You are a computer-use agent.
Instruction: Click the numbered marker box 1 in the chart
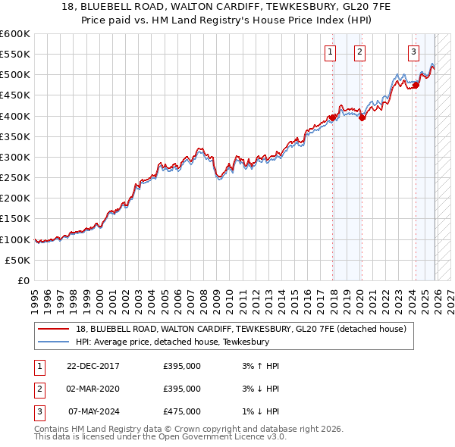(x=331, y=52)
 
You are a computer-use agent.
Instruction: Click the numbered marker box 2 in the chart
(x=359, y=52)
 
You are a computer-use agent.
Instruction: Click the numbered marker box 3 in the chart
(x=413, y=52)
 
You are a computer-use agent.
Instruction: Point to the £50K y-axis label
(x=18, y=260)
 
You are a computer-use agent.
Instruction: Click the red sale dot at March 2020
(x=362, y=117)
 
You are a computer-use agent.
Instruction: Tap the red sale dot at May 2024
(x=416, y=85)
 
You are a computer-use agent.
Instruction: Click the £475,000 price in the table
(x=182, y=411)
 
